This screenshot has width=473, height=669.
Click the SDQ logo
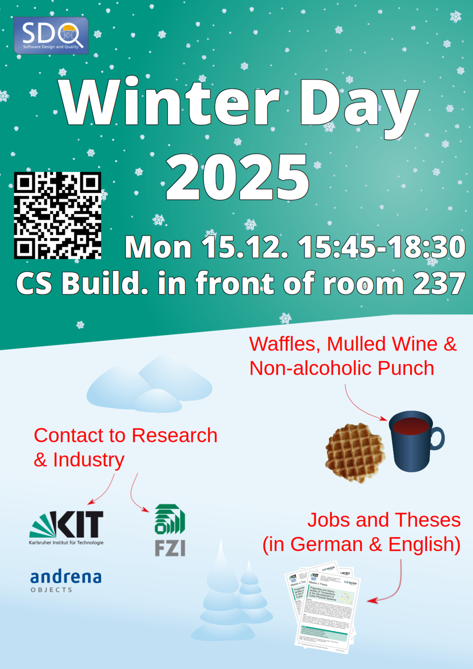click(x=51, y=36)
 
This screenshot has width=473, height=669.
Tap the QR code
click(x=58, y=215)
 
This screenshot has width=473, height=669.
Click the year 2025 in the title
click(x=237, y=178)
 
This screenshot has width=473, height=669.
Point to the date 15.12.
click(x=245, y=247)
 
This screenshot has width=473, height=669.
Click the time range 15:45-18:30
click(x=382, y=247)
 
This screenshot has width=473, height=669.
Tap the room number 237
click(x=439, y=283)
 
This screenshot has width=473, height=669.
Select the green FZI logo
click(x=170, y=530)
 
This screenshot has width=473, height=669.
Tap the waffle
click(x=355, y=453)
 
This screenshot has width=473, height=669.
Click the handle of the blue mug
click(x=437, y=438)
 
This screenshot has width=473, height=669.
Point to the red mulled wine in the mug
click(x=410, y=426)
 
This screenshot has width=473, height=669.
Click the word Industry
click(x=88, y=460)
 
